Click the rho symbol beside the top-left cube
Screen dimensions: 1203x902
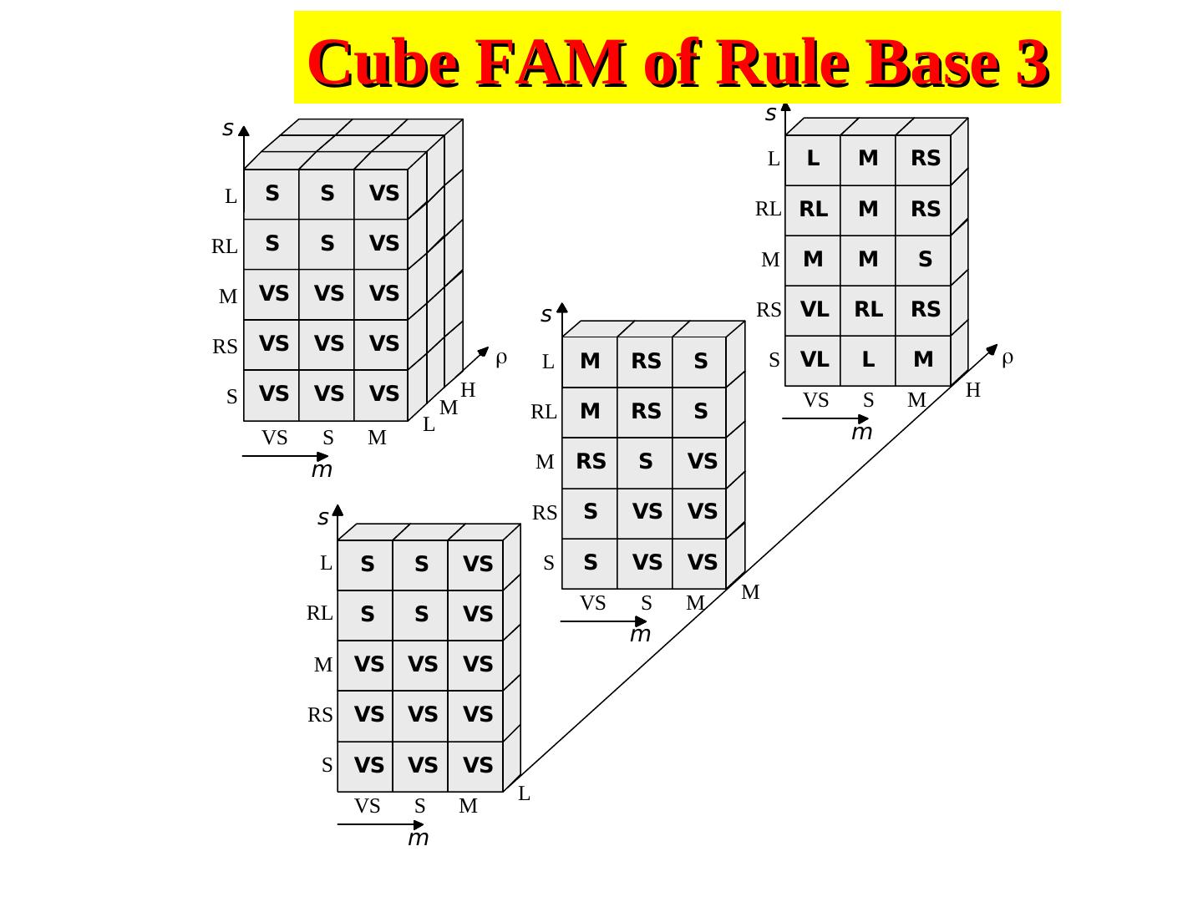(501, 358)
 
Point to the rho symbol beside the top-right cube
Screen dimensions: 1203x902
(1008, 357)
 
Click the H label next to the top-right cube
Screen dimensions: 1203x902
(972, 390)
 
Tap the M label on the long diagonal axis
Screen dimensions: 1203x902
(750, 593)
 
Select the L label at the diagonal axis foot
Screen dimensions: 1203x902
(524, 794)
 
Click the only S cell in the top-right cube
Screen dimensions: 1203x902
(925, 259)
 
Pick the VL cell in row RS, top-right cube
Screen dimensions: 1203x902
(814, 309)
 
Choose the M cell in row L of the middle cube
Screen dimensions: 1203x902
(590, 361)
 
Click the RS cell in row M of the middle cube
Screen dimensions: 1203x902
(591, 461)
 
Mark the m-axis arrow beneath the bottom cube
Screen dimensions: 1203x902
(381, 824)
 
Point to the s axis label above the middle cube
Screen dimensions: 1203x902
(546, 315)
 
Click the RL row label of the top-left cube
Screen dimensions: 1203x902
(224, 247)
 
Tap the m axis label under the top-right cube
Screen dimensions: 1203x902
(861, 432)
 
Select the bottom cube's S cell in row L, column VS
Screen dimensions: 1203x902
(367, 565)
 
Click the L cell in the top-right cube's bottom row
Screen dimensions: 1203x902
(869, 359)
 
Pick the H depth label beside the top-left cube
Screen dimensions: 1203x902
(468, 390)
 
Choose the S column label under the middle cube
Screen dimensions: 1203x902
(646, 603)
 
